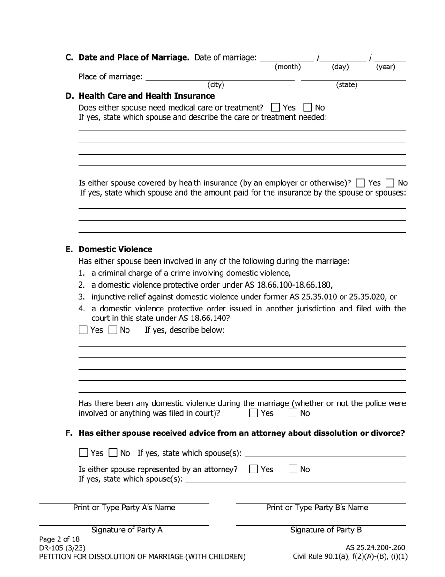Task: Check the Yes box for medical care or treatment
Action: pos(275,107)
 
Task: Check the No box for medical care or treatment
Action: pos(308,107)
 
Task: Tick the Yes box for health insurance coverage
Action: pos(361,183)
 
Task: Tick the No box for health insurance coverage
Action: pos(390,183)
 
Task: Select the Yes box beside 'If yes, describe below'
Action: pos(83,330)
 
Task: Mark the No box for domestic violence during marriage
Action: pos(293,413)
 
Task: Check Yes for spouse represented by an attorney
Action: pos(253,469)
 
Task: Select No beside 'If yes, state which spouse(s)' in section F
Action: pos(113,453)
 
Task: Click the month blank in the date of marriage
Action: pos(287,58)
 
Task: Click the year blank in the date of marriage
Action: pos(390,58)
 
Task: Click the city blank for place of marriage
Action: pos(220,77)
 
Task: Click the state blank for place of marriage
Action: pos(353,77)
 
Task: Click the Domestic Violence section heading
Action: pos(115,249)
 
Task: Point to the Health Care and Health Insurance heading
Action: pos(147,96)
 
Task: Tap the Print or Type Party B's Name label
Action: pos(317,508)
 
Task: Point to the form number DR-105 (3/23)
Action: pos(62,547)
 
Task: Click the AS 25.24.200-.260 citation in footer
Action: pos(375,547)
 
